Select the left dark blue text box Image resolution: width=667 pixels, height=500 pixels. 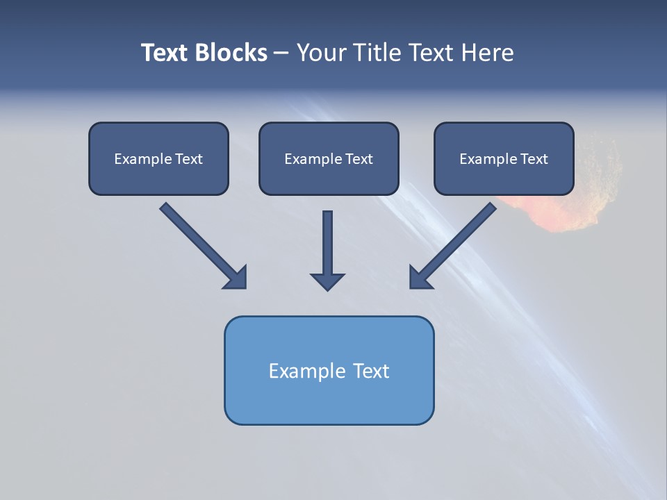pos(158,158)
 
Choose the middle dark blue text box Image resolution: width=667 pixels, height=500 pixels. pos(329,158)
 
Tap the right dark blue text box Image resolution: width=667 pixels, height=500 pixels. pos(504,158)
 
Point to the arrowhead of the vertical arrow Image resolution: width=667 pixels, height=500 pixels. pos(327,281)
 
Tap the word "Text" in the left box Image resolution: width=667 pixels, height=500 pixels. pos(188,158)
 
